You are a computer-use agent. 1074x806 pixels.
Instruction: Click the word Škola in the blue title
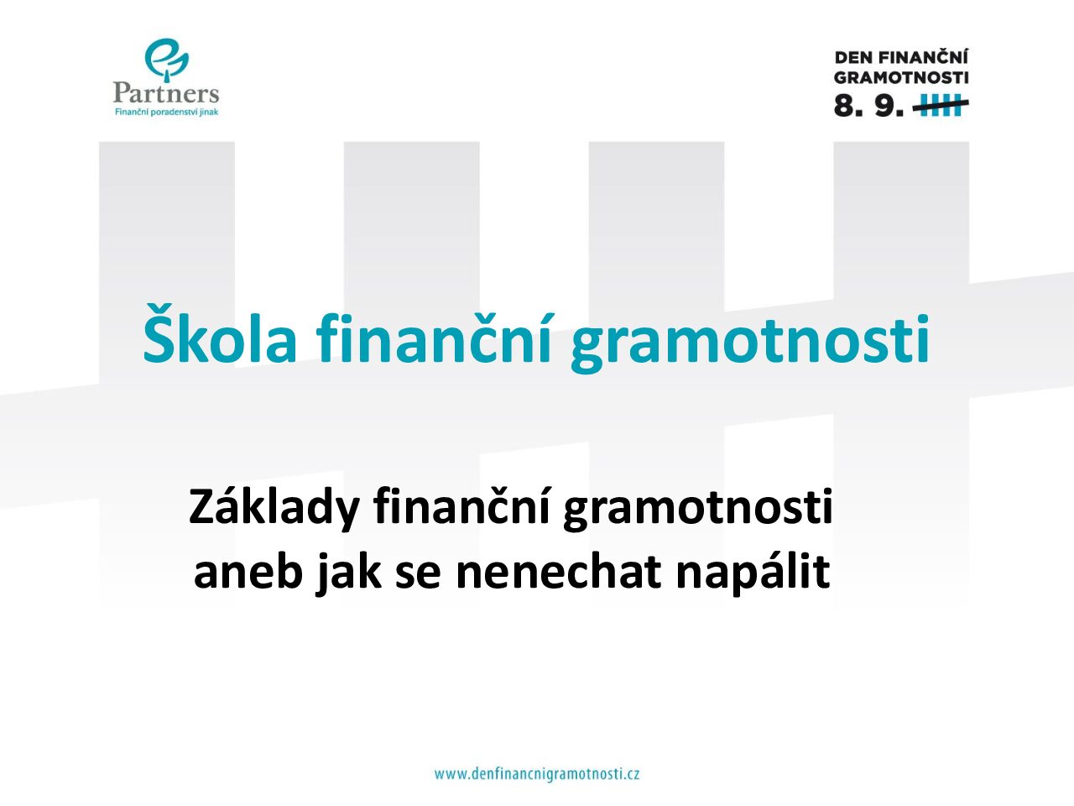point(220,334)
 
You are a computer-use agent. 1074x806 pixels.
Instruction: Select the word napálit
point(753,573)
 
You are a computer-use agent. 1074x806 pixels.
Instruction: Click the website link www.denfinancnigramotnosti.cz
point(537,775)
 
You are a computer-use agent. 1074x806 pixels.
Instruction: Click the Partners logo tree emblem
point(166,60)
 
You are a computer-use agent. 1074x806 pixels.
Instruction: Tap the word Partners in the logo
point(166,93)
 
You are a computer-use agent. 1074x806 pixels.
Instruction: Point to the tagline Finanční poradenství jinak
point(166,112)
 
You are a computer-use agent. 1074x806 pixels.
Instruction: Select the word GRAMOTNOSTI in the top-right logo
point(901,78)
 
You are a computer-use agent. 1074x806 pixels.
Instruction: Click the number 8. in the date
point(848,105)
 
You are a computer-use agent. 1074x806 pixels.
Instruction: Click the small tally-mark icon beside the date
point(941,105)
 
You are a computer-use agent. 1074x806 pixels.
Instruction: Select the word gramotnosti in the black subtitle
point(698,510)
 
